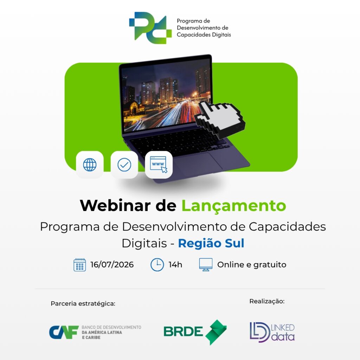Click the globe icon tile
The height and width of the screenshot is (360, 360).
tap(90, 165)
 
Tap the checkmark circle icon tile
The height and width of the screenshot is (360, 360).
tap(124, 165)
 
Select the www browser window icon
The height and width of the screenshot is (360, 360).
tap(159, 165)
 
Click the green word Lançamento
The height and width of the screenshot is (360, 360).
tap(234, 206)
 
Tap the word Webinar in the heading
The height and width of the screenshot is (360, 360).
tap(115, 205)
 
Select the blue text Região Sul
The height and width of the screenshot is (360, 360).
tap(211, 243)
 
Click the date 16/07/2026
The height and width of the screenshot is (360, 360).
tap(112, 264)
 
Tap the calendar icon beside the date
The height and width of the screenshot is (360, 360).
tap(80, 265)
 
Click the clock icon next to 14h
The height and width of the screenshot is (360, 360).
tap(157, 265)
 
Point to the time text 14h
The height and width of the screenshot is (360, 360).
tap(175, 264)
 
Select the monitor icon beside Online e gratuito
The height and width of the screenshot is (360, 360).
tap(206, 265)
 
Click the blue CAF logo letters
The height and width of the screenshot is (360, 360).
tap(64, 332)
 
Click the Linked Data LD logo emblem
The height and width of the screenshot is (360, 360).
tap(260, 332)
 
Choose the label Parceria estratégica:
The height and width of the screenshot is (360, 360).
tap(83, 303)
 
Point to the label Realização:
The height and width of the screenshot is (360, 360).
tap(267, 301)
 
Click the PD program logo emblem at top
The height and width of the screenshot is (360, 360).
tap(150, 28)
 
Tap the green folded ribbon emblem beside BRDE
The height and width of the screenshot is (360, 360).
tap(216, 332)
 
